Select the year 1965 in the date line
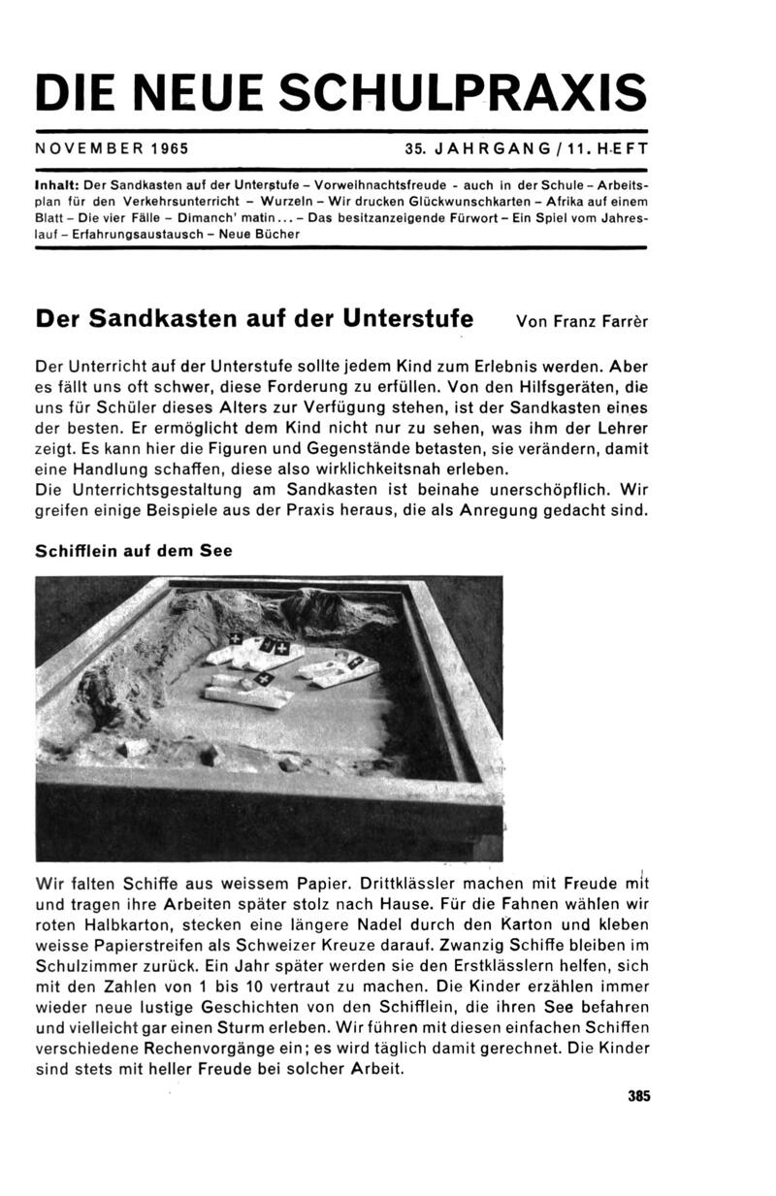[170, 150]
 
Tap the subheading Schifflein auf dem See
[133, 549]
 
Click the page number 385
[637, 1096]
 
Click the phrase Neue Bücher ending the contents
[264, 234]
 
